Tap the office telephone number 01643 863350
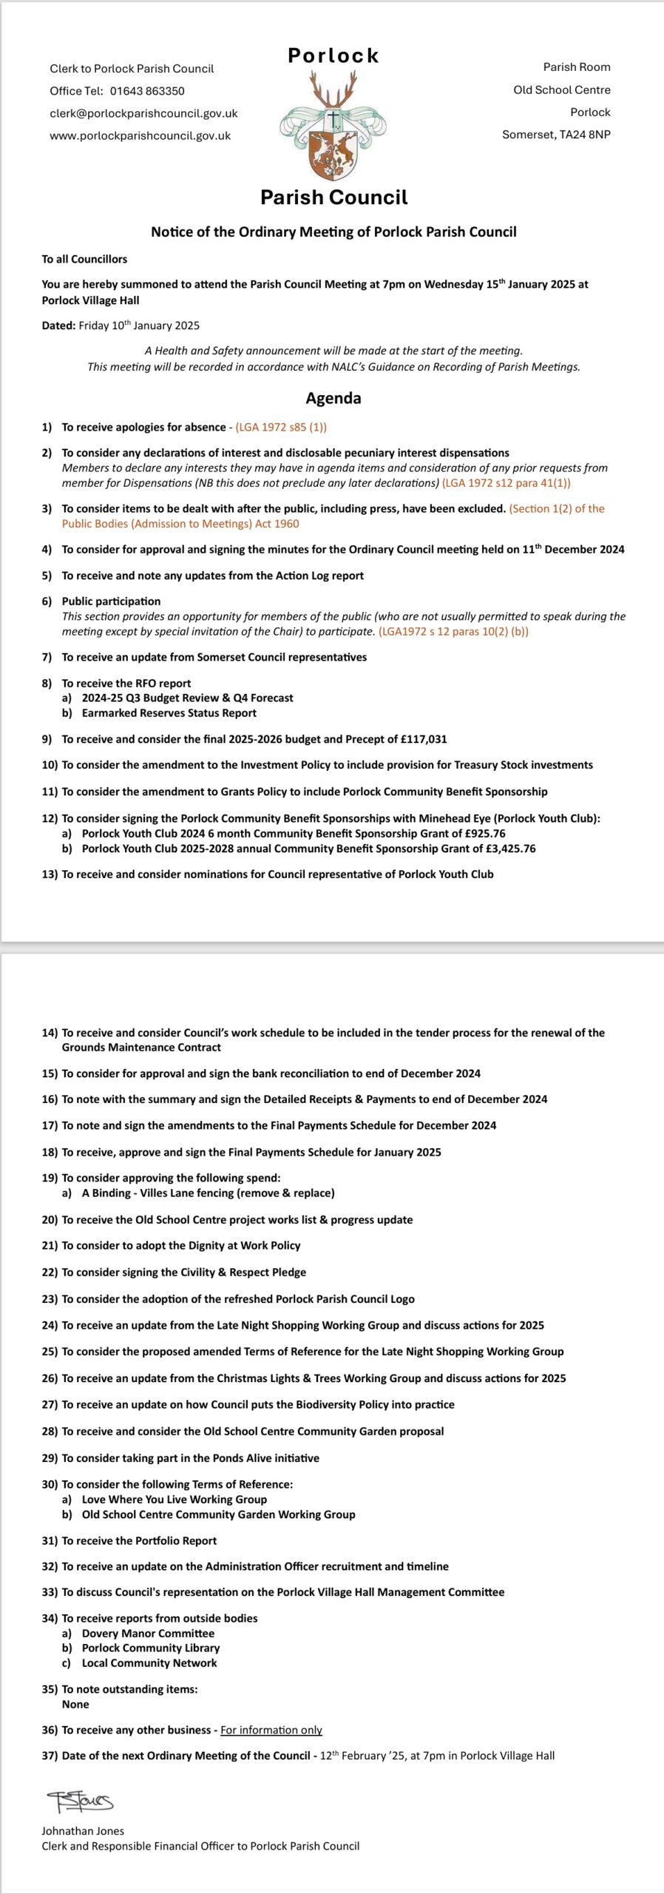[147, 91]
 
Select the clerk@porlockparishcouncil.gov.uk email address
[143, 113]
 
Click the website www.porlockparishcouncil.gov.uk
[140, 136]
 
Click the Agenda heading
[333, 398]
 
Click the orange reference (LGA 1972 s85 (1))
[281, 428]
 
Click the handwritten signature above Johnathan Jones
[80, 1801]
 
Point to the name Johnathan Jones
[83, 1831]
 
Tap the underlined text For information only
[271, 1730]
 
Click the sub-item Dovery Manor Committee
[148, 1633]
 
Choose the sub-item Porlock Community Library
[151, 1648]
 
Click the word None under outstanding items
[75, 1704]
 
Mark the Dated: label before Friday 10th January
[58, 326]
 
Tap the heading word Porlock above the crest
[333, 55]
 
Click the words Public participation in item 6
[111, 601]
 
